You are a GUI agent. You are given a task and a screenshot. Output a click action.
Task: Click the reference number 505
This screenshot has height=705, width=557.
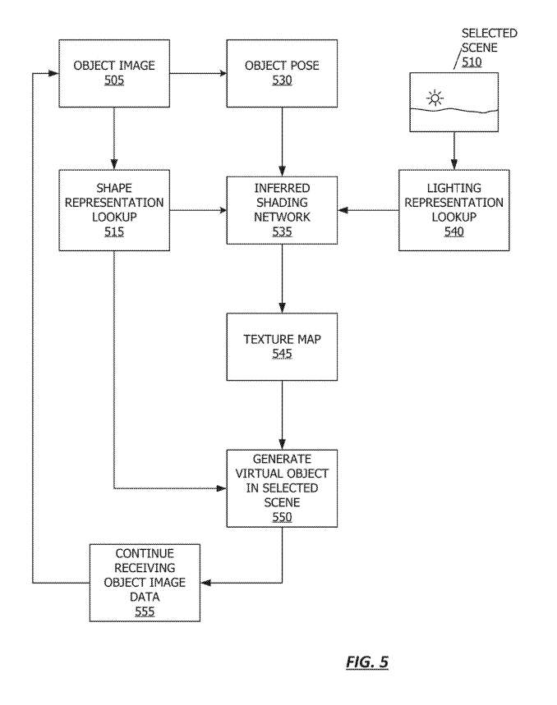[114, 80]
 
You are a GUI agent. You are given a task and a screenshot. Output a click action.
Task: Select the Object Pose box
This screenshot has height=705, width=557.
[282, 73]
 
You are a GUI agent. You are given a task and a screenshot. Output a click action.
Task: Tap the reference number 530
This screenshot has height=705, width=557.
[282, 80]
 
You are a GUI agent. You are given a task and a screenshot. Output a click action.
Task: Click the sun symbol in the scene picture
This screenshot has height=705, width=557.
[435, 98]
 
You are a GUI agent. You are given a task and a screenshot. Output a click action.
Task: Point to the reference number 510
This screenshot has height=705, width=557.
[472, 62]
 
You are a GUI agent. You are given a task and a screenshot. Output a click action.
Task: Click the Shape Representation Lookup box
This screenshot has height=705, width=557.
[114, 210]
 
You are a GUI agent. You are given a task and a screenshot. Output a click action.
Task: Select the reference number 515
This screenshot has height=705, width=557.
[114, 231]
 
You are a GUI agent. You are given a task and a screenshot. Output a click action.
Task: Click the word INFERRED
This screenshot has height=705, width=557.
[282, 188]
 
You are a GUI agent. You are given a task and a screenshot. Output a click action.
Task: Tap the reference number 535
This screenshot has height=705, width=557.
[282, 231]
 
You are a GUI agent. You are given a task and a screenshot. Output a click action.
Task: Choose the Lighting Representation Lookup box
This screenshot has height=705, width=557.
[454, 210]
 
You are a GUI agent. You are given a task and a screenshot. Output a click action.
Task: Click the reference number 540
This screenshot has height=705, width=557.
[454, 231]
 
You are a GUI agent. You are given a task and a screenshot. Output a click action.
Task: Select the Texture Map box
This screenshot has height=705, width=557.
[282, 346]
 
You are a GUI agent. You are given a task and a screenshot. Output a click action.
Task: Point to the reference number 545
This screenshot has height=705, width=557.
[282, 354]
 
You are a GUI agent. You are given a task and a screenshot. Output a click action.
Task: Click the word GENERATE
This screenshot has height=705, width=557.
[282, 459]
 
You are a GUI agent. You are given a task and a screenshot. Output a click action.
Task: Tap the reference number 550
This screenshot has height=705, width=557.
[282, 517]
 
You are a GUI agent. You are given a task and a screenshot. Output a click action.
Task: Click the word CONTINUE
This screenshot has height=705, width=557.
[145, 553]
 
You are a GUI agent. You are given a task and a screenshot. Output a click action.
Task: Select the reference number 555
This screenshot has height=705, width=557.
[145, 611]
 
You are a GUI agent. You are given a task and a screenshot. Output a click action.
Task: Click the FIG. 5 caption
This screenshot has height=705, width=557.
[367, 662]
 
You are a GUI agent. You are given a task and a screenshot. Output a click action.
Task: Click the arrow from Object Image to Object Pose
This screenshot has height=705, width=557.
[198, 73]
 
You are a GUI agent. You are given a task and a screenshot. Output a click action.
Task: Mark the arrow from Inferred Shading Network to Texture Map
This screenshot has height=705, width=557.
[282, 279]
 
